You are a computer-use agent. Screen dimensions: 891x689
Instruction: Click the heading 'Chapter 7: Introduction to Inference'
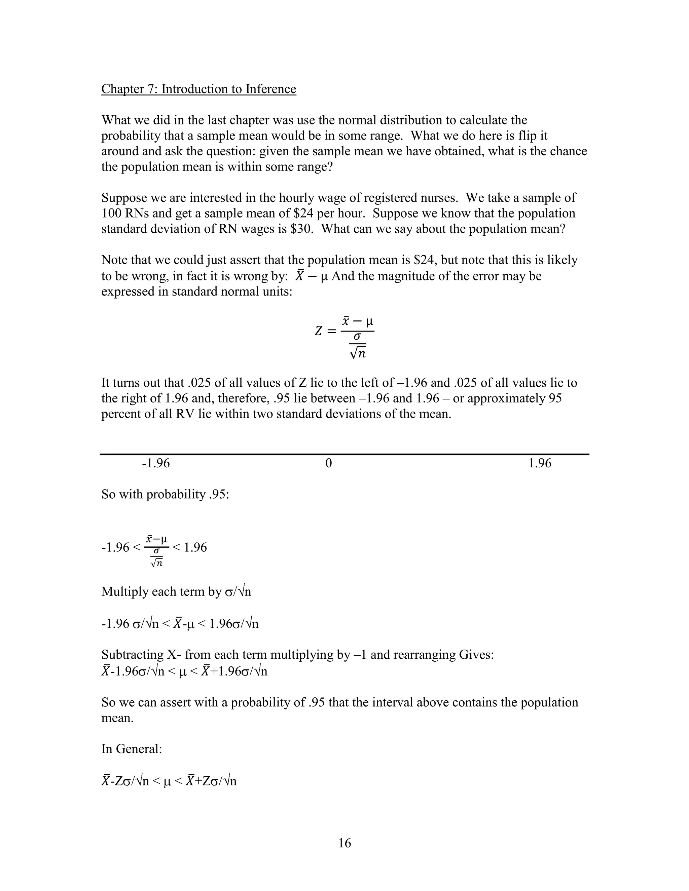pyautogui.click(x=198, y=89)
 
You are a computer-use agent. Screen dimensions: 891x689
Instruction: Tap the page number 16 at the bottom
pyautogui.click(x=344, y=843)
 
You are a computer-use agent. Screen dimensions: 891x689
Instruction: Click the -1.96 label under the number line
pyautogui.click(x=155, y=463)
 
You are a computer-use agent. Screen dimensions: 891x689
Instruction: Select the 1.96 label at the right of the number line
pyautogui.click(x=539, y=463)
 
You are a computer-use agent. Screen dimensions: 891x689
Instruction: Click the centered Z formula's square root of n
pyautogui.click(x=358, y=352)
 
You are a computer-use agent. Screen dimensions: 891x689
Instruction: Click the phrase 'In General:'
pyautogui.click(x=132, y=749)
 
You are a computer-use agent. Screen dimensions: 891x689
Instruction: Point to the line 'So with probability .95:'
pyautogui.click(x=165, y=495)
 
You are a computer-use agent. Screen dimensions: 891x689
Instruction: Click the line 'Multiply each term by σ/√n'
pyautogui.click(x=176, y=591)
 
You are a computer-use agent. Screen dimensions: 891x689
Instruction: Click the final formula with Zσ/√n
pyautogui.click(x=169, y=781)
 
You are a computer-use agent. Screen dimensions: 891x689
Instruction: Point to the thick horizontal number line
pyautogui.click(x=344, y=454)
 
